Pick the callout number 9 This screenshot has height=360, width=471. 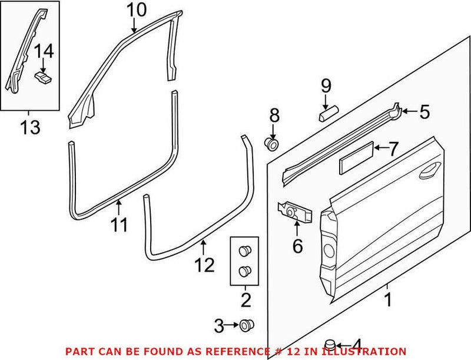[326, 87]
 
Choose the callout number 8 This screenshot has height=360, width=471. [274, 115]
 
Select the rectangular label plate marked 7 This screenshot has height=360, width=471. [355, 158]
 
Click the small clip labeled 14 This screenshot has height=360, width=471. [42, 77]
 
